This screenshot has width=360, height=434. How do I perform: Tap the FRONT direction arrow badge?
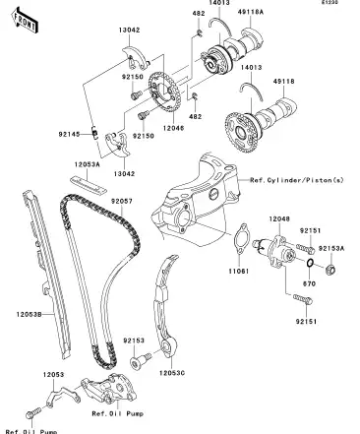pos(26,19)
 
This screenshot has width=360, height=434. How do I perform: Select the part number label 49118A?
pos(251,13)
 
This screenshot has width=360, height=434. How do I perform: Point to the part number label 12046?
pos(174,128)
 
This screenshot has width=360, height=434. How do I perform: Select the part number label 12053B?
pos(29,315)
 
